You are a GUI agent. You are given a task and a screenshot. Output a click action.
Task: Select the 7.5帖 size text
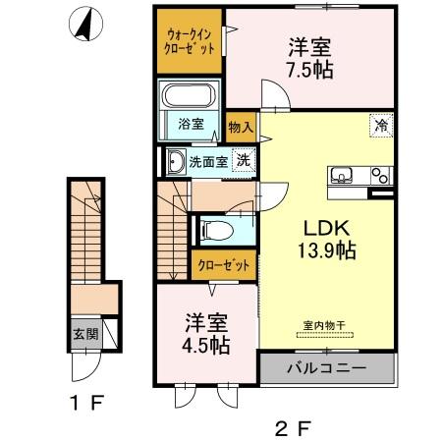(x=307, y=71)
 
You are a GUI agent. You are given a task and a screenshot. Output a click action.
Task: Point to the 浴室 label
(x=191, y=124)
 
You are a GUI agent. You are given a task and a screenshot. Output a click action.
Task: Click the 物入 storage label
(x=241, y=127)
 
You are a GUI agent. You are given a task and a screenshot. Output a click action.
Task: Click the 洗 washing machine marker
(x=240, y=163)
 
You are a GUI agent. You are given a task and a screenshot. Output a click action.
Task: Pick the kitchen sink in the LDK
(x=343, y=176)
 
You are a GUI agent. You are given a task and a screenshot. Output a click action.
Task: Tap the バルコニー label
(x=326, y=369)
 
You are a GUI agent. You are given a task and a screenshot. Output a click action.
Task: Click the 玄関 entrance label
(x=84, y=333)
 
